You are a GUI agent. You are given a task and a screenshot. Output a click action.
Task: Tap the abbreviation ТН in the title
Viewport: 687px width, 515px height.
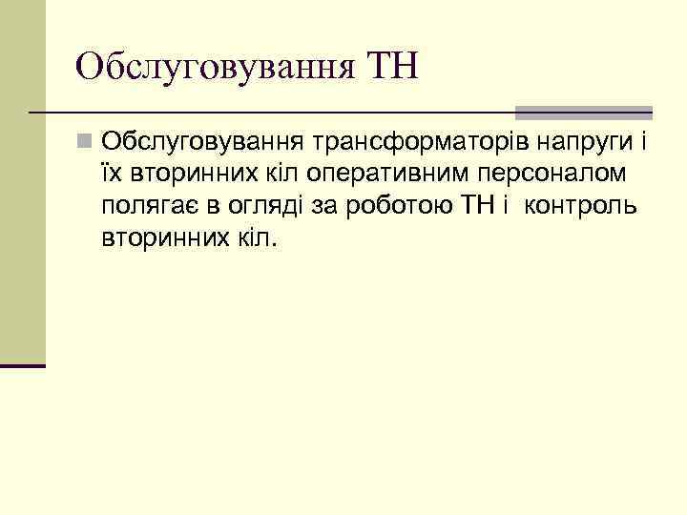391,67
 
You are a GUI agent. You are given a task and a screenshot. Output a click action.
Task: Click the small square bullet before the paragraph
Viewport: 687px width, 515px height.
86,143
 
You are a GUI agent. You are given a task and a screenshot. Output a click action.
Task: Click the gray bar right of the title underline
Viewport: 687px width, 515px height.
584,112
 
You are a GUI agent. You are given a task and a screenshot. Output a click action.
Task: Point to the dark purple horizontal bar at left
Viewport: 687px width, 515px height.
23,364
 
